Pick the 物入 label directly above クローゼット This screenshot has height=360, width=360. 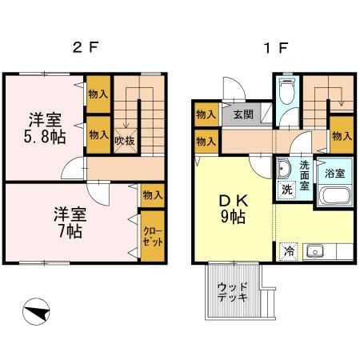tap(152, 194)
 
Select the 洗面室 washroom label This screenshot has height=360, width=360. tap(305, 175)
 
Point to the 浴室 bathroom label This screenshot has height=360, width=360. tap(334, 173)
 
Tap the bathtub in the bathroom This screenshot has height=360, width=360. tap(334, 197)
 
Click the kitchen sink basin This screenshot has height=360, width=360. tap(316, 251)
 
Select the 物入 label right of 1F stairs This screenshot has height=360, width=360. tap(342, 137)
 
